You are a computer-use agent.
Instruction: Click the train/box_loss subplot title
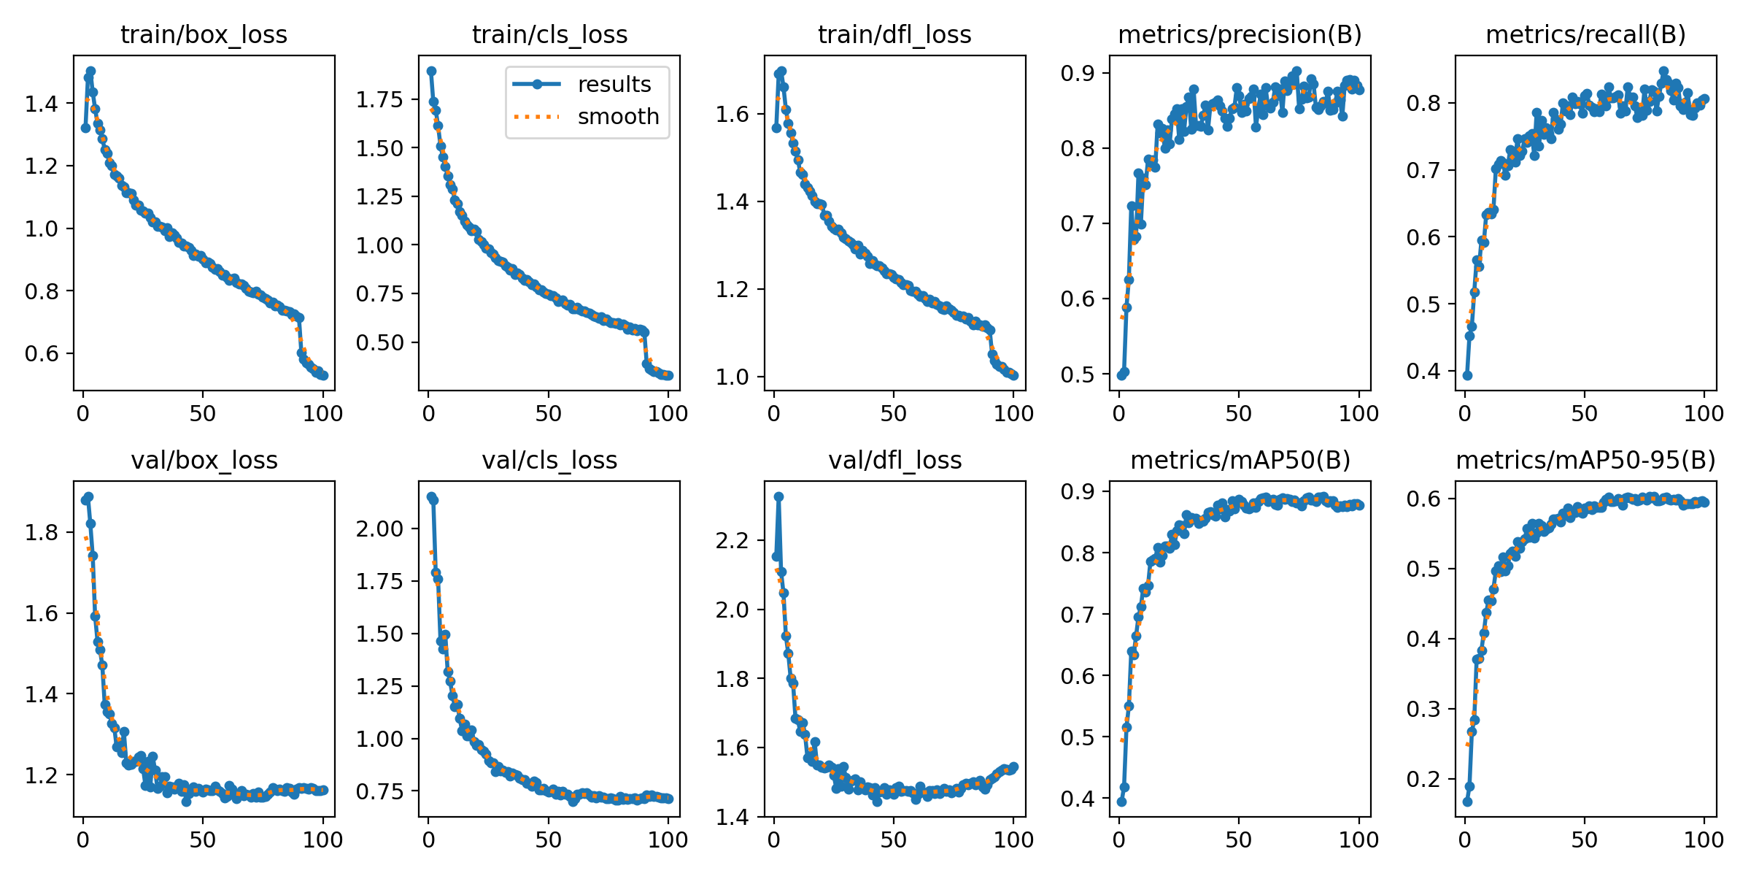tap(204, 34)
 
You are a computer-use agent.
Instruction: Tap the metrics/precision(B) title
tap(1240, 34)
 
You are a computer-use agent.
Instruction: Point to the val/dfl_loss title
tap(894, 460)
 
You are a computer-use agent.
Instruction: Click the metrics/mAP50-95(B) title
tap(1585, 460)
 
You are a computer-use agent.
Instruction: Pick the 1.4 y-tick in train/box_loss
tap(42, 104)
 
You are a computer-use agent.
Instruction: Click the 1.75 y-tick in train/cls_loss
tap(379, 99)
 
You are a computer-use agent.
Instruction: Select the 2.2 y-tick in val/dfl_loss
tap(733, 540)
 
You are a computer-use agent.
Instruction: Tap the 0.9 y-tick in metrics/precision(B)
tap(1078, 73)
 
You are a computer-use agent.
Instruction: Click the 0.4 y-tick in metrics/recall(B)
tap(1424, 372)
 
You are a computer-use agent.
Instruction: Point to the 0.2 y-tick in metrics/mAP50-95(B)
tap(1424, 779)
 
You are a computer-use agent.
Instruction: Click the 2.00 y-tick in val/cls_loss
tap(379, 529)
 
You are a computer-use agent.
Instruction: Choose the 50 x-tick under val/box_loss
tap(203, 839)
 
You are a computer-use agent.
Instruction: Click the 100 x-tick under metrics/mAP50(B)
tap(1358, 839)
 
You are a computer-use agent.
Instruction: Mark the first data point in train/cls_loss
tap(431, 72)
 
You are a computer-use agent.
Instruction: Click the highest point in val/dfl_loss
tap(778, 496)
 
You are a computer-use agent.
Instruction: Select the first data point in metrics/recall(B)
tap(1467, 375)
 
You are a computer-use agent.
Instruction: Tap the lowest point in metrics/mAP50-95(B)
tap(1467, 802)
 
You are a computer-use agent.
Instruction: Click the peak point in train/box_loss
tap(90, 72)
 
